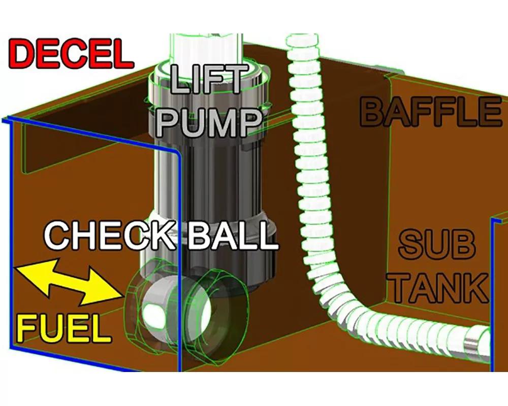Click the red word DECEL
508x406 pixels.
(x=71, y=54)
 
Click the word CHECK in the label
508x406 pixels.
(x=110, y=235)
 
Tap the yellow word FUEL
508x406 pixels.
(x=63, y=329)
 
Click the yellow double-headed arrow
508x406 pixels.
(x=69, y=281)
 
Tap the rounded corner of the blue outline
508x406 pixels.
(x=175, y=152)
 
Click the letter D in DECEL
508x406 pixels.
(x=24, y=54)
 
